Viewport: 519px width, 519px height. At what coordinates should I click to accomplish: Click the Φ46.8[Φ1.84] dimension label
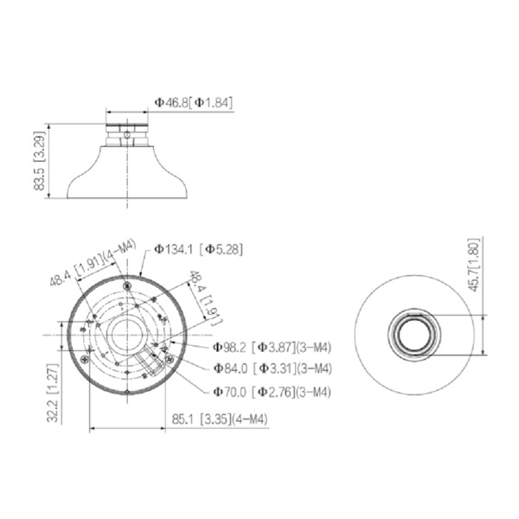(x=194, y=102)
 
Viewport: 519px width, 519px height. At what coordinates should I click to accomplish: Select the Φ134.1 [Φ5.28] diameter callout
(x=199, y=249)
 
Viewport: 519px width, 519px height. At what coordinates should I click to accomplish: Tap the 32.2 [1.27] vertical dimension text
(x=54, y=398)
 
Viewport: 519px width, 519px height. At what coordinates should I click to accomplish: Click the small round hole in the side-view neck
(x=127, y=134)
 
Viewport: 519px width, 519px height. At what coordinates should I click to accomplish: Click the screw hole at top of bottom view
(x=126, y=284)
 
